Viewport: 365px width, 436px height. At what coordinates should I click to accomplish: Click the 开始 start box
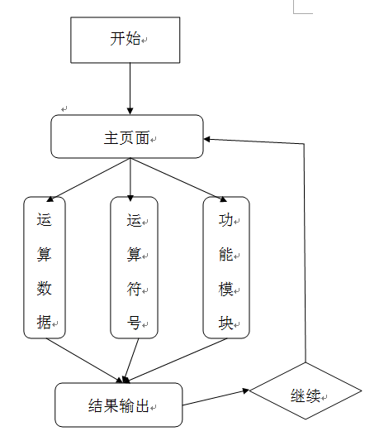tap(126, 39)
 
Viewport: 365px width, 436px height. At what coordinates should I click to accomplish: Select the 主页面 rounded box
tap(126, 137)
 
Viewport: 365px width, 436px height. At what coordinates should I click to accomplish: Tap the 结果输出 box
tap(118, 405)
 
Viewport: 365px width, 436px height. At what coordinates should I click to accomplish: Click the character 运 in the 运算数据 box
tap(45, 221)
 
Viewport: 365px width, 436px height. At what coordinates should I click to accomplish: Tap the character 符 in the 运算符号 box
tap(134, 289)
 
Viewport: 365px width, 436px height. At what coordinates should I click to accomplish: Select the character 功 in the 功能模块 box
tap(226, 221)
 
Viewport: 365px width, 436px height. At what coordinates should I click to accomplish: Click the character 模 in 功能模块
tap(226, 289)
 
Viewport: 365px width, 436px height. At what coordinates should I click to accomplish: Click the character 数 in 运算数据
tap(45, 289)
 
